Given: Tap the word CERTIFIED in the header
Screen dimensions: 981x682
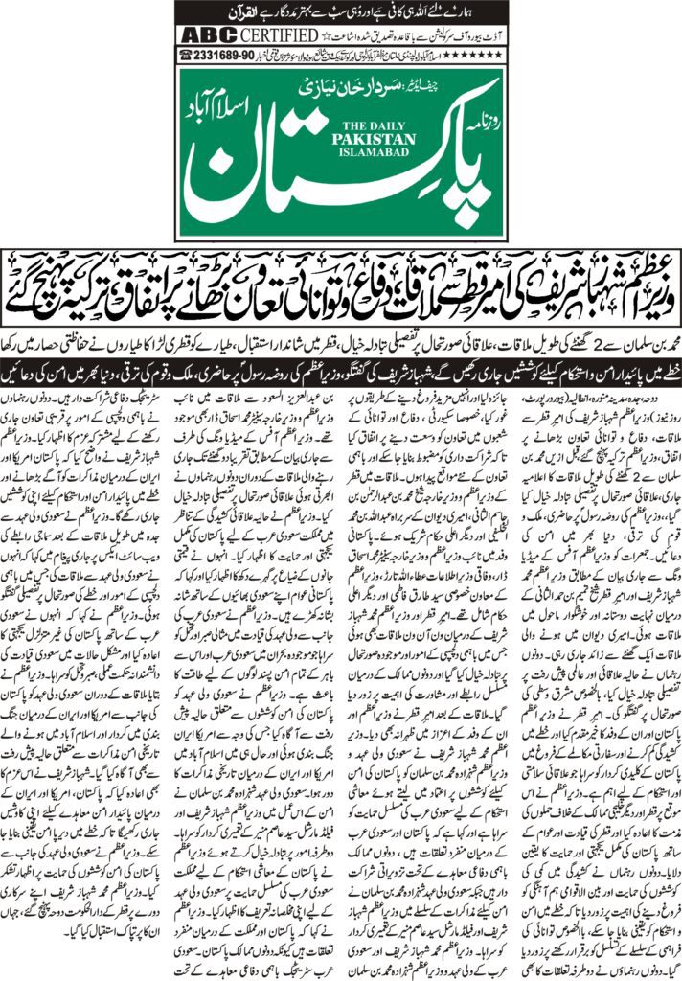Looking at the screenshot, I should pos(264,35).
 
